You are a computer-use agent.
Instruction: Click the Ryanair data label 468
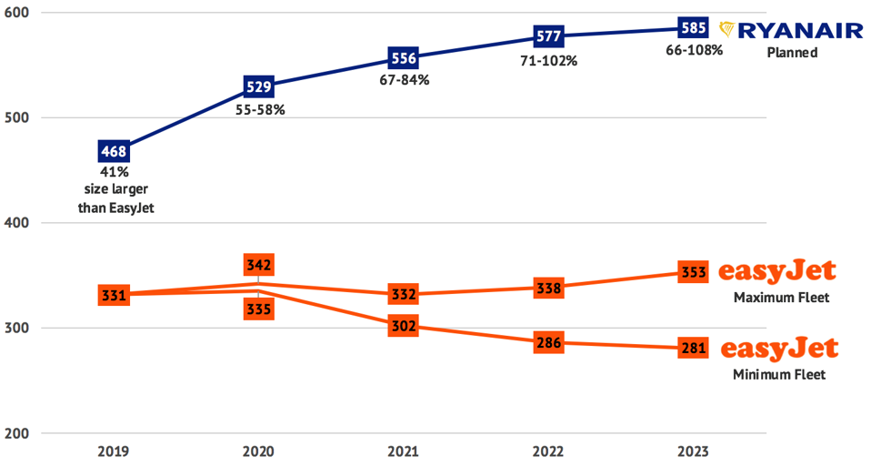coord(114,150)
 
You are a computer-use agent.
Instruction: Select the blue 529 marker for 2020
coord(258,87)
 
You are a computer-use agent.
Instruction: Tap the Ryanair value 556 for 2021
coord(403,59)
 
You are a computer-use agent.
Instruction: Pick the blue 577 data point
coord(549,37)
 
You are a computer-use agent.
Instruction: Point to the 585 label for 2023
coord(693,28)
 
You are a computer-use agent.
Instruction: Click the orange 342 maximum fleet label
coord(258,265)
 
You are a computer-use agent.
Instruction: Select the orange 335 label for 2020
coord(258,309)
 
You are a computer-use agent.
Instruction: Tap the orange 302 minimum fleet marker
coord(403,326)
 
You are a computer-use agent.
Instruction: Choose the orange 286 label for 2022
coord(549,343)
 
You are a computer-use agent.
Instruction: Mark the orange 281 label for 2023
coord(693,348)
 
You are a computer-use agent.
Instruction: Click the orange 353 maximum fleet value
coord(693,272)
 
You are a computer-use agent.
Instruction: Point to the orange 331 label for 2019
coord(114,295)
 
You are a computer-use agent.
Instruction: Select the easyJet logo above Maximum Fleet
coord(776,272)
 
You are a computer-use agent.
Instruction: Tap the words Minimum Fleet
coord(779,374)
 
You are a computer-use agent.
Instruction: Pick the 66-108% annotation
coord(693,51)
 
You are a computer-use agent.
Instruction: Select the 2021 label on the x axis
coord(403,451)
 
